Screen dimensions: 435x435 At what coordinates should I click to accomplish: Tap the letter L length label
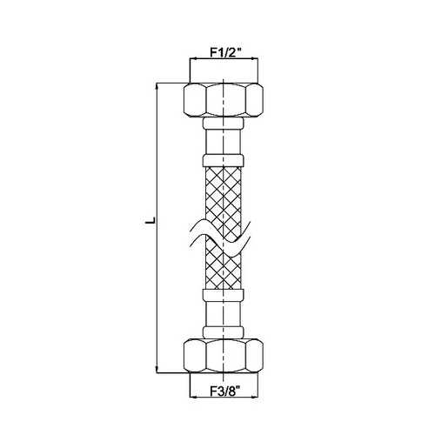tap(150, 220)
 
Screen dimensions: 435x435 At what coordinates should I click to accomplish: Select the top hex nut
tap(224, 100)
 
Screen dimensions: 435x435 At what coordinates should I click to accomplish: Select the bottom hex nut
tap(224, 356)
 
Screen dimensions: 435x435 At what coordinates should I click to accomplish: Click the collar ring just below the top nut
tap(224, 124)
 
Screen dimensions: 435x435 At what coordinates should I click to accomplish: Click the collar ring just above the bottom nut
tap(224, 332)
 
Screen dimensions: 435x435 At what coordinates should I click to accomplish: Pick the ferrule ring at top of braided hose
tap(224, 161)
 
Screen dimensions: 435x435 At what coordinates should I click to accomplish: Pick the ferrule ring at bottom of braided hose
tap(224, 295)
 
